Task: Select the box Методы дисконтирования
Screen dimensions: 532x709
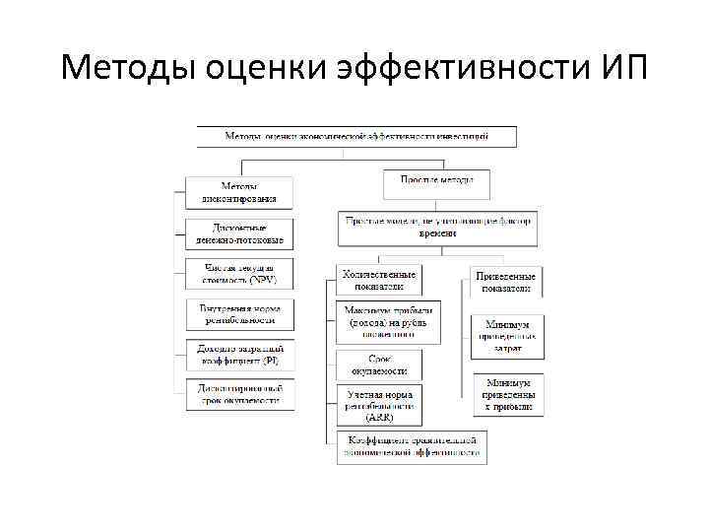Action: coord(239,192)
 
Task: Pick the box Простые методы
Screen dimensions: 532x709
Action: coord(437,181)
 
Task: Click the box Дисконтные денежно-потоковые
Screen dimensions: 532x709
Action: coord(239,233)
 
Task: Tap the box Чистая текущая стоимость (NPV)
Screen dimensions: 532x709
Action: coord(239,273)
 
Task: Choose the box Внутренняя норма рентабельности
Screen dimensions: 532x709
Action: coord(239,314)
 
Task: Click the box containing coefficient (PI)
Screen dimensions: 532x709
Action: coord(239,355)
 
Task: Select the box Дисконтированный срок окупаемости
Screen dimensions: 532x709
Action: coord(239,394)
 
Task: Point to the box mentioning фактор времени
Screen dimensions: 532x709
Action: coord(438,228)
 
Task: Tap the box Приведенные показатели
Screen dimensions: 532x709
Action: coord(505,282)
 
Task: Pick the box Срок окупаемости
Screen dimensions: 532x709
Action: coord(379,366)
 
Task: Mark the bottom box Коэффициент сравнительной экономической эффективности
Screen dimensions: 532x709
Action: coord(409,446)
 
